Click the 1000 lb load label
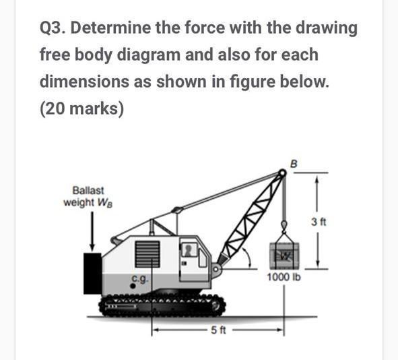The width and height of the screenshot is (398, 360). click(284, 278)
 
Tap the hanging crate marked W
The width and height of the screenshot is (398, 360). click(283, 255)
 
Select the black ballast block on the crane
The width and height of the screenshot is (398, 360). click(92, 274)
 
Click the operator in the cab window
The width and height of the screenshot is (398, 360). click(191, 251)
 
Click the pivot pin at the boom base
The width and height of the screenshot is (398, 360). click(215, 271)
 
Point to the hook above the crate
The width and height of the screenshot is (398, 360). click(284, 226)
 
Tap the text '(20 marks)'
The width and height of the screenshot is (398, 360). click(81, 109)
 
